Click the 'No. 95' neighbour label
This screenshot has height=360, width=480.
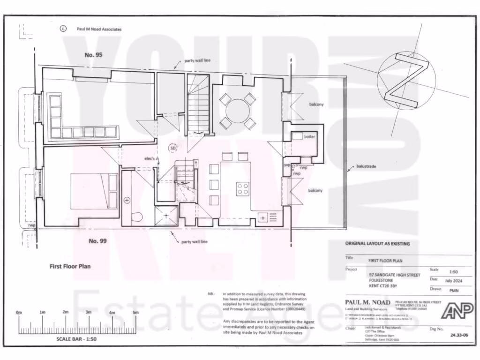click(x=93, y=55)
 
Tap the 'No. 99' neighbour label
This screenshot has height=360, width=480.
click(x=100, y=241)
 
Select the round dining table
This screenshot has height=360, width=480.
click(x=238, y=111)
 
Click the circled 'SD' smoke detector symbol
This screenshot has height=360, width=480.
click(x=173, y=148)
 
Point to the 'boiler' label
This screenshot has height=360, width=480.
click(x=310, y=136)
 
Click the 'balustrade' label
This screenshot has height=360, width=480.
click(x=367, y=166)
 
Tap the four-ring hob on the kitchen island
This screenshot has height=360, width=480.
click(x=243, y=188)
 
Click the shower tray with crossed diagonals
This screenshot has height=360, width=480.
click(x=166, y=216)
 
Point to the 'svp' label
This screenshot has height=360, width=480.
click(x=286, y=165)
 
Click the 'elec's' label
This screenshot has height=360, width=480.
click(x=150, y=158)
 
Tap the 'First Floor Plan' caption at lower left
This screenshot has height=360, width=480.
click(x=70, y=266)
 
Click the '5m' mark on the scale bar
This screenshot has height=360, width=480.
click(x=135, y=312)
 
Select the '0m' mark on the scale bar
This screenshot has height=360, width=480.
click(x=19, y=312)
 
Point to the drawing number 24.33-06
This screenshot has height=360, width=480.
click(x=459, y=335)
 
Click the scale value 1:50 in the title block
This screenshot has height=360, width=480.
click(x=453, y=271)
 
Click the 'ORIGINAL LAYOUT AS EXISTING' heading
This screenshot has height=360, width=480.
click(x=377, y=244)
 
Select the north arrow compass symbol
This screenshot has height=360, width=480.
click(x=406, y=81)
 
